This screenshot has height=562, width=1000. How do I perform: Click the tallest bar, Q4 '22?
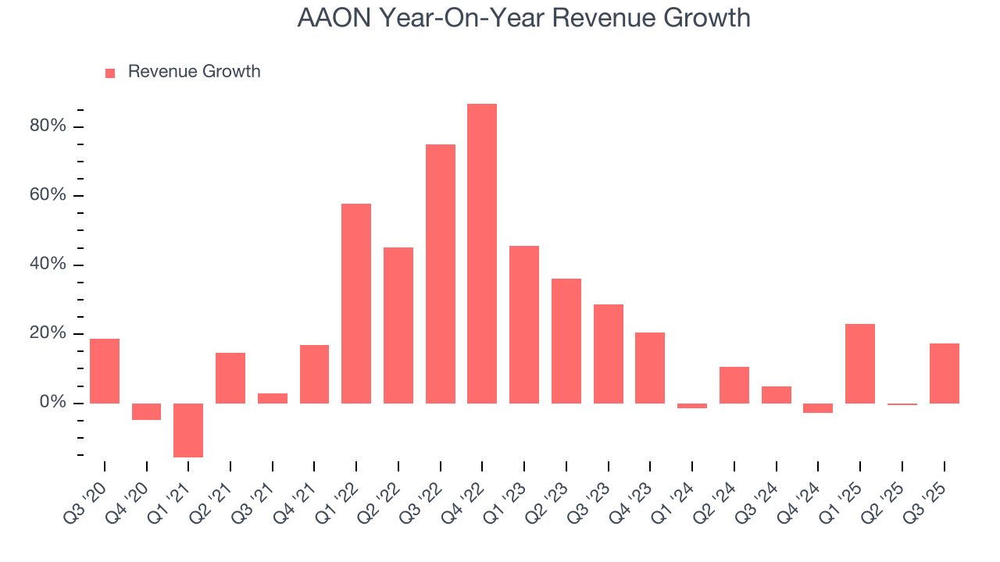click(x=482, y=254)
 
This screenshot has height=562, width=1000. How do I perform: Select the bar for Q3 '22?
click(x=440, y=273)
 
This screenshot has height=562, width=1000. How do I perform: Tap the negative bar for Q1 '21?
click(x=188, y=430)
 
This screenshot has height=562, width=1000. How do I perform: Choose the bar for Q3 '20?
click(x=105, y=371)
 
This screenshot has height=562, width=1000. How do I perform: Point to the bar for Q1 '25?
click(x=860, y=363)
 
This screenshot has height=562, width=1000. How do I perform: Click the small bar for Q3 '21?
click(x=273, y=398)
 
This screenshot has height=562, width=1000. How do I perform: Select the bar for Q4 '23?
click(x=650, y=368)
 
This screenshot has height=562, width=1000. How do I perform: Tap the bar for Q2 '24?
click(x=734, y=385)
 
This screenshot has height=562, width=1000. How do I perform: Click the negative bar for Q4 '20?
click(x=146, y=411)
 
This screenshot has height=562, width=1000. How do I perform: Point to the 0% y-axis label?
click(x=53, y=403)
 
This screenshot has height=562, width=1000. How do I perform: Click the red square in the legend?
click(x=110, y=73)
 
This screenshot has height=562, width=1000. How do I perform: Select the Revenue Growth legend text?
click(x=194, y=72)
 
